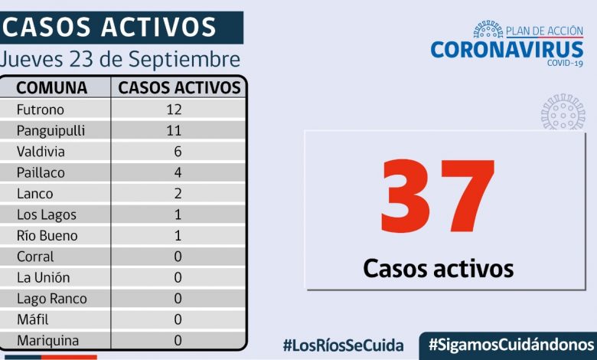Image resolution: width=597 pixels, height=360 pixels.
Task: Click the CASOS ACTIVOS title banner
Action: pyautogui.click(x=111, y=28)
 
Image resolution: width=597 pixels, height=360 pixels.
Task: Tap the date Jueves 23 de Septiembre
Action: pyautogui.click(x=120, y=59)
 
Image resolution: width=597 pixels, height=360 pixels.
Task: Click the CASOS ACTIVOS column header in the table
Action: pyautogui.click(x=179, y=87)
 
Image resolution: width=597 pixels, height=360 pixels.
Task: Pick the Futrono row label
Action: pyautogui.click(x=41, y=110)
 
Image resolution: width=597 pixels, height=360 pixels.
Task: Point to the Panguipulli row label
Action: pyautogui.click(x=51, y=130)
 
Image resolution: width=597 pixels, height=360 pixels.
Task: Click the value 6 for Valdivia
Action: pyautogui.click(x=178, y=152)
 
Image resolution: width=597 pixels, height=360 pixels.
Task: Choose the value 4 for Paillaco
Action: pyautogui.click(x=178, y=172)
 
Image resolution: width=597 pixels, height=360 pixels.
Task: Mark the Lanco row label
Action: pyautogui.click(x=34, y=194)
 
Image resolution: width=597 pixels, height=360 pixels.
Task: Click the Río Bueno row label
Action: pyautogui.click(x=47, y=236)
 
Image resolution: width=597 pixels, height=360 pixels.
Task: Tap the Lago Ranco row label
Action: pyautogui.click(x=51, y=299)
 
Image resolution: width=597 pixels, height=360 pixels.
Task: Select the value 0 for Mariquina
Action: pyautogui.click(x=178, y=340)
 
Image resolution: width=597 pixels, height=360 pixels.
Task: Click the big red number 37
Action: pyautogui.click(x=438, y=198)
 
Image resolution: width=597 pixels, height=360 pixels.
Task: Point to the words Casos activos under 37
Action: pyautogui.click(x=438, y=268)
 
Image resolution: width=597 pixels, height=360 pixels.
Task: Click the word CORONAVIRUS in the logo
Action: pyautogui.click(x=506, y=50)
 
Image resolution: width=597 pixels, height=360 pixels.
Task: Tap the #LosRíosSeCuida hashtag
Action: pyautogui.click(x=342, y=345)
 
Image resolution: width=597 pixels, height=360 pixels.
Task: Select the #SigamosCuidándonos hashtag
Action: pyautogui.click(x=511, y=344)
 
